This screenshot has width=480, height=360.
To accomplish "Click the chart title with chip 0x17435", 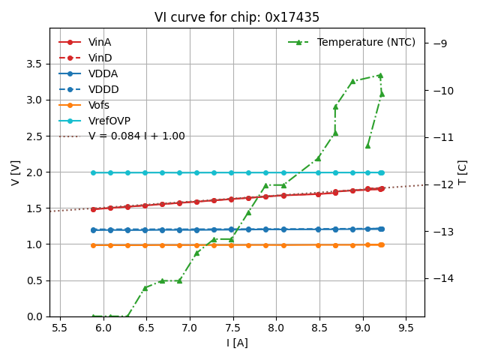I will pyautogui.click(x=237, y=17).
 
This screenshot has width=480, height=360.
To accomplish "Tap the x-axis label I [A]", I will pyautogui.click(x=237, y=343).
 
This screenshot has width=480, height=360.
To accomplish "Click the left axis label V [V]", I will pyautogui.click(x=15, y=172).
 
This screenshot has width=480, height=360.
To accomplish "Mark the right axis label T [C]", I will pyautogui.click(x=462, y=172).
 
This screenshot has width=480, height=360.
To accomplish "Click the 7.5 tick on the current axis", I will pyautogui.click(x=231, y=328).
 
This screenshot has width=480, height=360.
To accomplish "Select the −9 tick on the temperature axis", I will pyautogui.click(x=439, y=43).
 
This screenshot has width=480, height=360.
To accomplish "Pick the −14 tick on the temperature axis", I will pyautogui.click(x=442, y=278).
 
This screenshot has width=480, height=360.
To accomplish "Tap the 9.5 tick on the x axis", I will pyautogui.click(x=406, y=328).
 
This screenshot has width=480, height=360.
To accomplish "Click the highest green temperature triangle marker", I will pyautogui.click(x=380, y=76).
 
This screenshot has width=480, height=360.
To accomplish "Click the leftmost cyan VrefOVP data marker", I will pyautogui.click(x=93, y=172).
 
